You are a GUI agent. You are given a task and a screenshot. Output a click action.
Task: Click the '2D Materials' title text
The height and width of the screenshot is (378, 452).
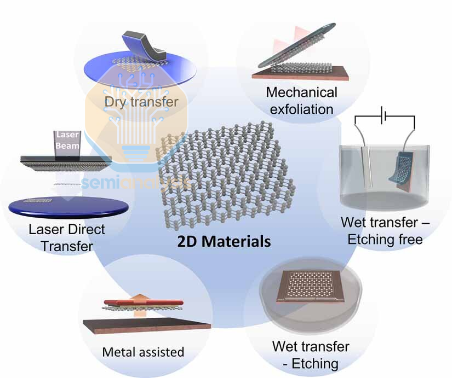[224, 241]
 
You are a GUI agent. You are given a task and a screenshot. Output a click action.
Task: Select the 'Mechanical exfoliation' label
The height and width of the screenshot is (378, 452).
[301, 100]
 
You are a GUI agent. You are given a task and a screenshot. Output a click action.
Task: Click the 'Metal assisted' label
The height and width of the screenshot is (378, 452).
[143, 352]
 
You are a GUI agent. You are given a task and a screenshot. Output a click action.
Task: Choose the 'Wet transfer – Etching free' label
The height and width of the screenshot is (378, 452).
[385, 231]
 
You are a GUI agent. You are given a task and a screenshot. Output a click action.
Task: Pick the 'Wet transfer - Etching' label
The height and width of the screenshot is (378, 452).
[310, 354]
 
